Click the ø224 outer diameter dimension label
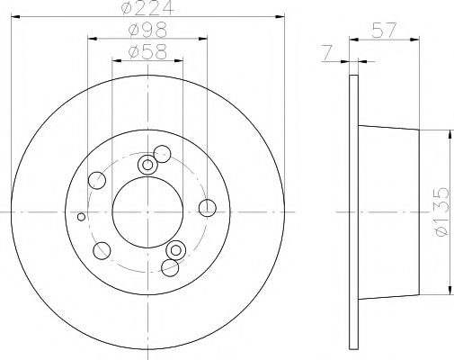pyautogui.click(x=148, y=11)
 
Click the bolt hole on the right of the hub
pyautogui.click(x=207, y=209)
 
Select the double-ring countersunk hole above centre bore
pyautogui.click(x=148, y=165)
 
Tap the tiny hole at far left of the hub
pyautogui.click(x=82, y=217)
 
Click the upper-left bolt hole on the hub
pyautogui.click(x=96, y=181)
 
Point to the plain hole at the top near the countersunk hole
pyautogui.click(x=162, y=153)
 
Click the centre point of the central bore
pyautogui.click(x=148, y=211)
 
